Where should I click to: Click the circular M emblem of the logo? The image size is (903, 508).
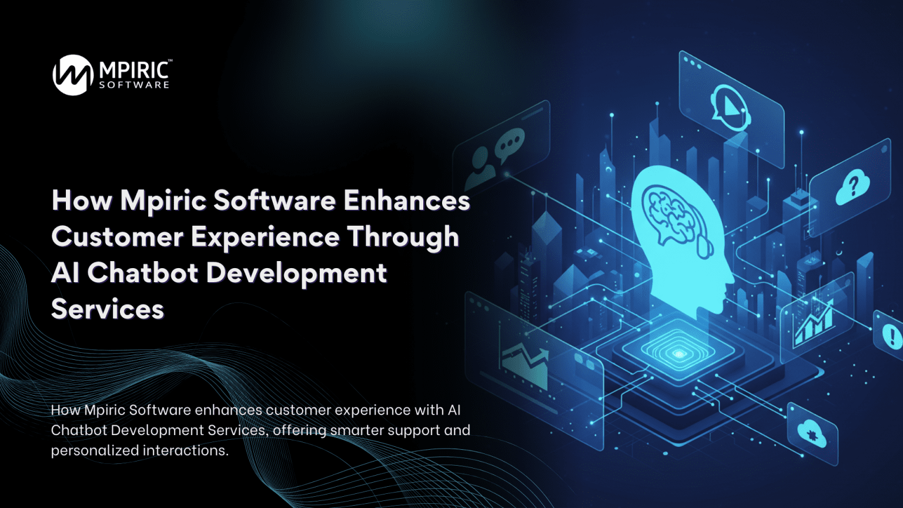click(x=73, y=75)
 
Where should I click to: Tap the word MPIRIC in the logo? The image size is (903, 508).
click(x=134, y=71)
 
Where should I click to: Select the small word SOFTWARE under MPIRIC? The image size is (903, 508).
click(x=134, y=85)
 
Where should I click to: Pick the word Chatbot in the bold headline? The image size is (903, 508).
click(x=143, y=273)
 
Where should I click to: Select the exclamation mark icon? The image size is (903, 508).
click(x=889, y=334)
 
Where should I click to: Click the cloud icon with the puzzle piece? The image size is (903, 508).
click(x=812, y=433)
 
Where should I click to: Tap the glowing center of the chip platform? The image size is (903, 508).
click(x=679, y=354)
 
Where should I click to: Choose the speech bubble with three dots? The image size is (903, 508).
click(x=509, y=143)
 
